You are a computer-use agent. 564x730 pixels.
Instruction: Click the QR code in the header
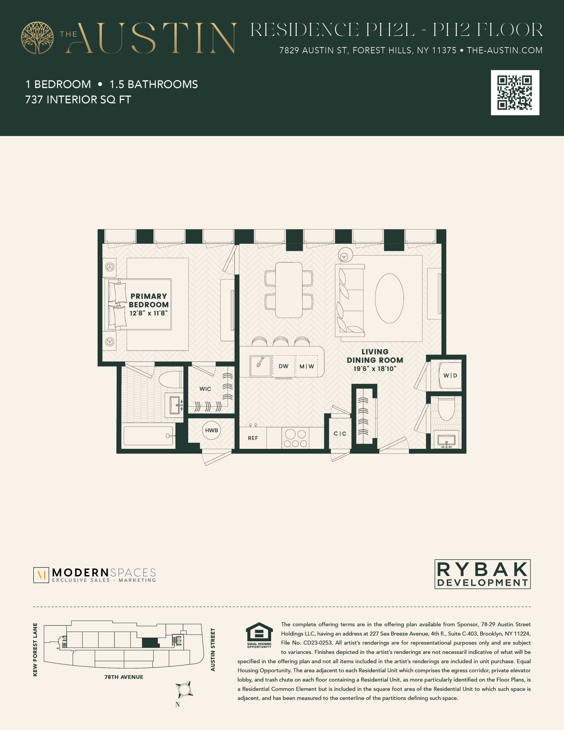click(x=515, y=93)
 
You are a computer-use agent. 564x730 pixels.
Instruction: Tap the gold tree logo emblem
click(x=37, y=38)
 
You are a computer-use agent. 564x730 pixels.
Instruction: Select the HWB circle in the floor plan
click(x=211, y=430)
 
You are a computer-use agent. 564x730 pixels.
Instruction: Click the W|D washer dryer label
click(x=450, y=375)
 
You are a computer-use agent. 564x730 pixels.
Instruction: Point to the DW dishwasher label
click(x=283, y=366)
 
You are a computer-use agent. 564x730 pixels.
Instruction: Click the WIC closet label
click(x=205, y=389)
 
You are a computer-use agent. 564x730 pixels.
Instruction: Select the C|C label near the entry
click(x=340, y=433)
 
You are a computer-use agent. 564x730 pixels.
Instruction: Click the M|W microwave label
click(x=307, y=366)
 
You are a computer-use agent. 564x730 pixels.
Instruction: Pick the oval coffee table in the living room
click(x=389, y=298)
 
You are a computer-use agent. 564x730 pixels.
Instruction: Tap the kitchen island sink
click(x=260, y=366)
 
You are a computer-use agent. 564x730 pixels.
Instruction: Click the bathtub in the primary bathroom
click(x=149, y=435)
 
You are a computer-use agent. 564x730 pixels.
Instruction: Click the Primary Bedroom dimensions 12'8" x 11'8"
click(x=149, y=313)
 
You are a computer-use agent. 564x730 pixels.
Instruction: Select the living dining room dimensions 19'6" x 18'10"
click(x=375, y=368)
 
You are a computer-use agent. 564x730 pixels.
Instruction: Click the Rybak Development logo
click(x=482, y=574)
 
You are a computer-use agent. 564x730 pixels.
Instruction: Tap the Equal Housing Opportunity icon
click(x=259, y=635)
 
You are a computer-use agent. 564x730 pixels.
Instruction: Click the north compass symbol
click(x=184, y=689)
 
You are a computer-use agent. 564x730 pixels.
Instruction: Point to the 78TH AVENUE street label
click(x=124, y=677)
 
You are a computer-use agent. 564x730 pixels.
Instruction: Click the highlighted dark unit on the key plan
click(x=151, y=642)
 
